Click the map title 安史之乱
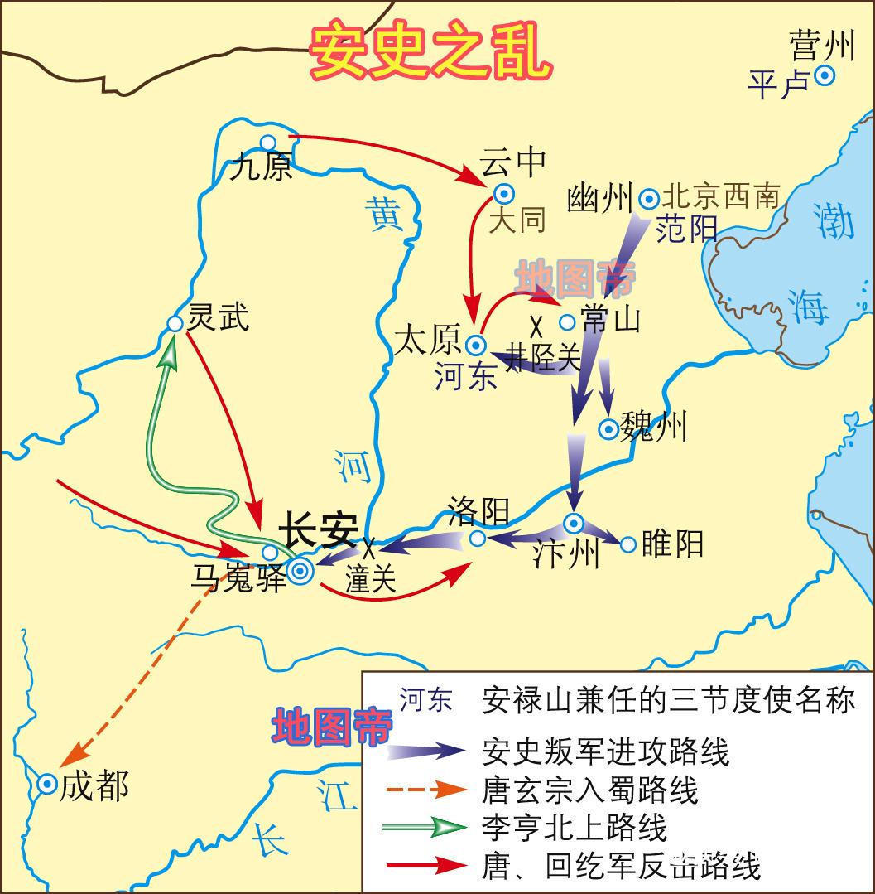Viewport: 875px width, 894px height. pos(430,52)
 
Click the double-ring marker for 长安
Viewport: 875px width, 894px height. pos(300,571)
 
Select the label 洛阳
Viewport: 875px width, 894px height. pos(478,510)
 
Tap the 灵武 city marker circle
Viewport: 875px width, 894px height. pos(175,324)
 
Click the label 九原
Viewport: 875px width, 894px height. pos(262,168)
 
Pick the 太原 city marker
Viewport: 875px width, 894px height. pos(476,345)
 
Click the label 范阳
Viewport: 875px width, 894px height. pos(685,229)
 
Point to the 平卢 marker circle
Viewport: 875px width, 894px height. pos(824,76)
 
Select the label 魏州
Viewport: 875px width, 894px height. pos(654,428)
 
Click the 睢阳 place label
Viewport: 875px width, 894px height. pos(672,544)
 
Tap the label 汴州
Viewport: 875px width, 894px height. pos(566,553)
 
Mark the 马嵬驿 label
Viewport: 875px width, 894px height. pos(238,577)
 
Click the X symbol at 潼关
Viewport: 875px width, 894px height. pos(369,548)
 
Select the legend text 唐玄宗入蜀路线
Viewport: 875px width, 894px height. pos(589,790)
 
